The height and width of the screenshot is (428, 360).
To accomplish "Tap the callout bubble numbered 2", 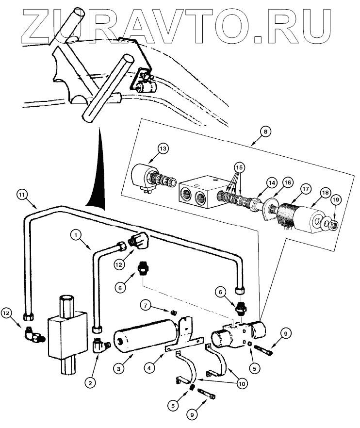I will (x=89, y=382).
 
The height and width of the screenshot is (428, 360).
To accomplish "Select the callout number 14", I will (x=271, y=182).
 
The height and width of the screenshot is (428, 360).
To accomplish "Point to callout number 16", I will (x=288, y=182).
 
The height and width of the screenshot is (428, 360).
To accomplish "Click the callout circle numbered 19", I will (x=335, y=199).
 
